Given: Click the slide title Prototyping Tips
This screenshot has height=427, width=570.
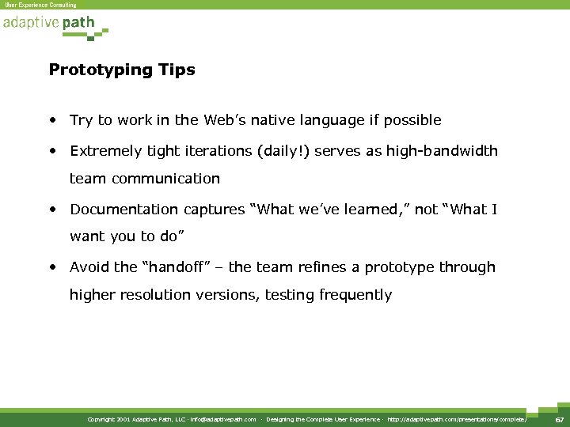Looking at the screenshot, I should pyautogui.click(x=122, y=70).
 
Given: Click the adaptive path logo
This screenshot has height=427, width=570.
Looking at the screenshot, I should pyautogui.click(x=52, y=25).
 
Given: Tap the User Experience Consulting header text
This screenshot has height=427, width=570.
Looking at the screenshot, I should pyautogui.click(x=41, y=5).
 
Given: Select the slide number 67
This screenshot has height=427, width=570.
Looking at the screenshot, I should pyautogui.click(x=559, y=419).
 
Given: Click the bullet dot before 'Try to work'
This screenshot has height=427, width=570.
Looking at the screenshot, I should pyautogui.click(x=51, y=120).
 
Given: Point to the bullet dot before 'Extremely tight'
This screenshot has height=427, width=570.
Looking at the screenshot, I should pyautogui.click(x=51, y=151).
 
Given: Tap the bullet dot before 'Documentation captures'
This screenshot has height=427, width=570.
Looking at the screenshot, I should pyautogui.click(x=51, y=210).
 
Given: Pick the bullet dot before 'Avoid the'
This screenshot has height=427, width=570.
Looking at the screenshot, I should pyautogui.click(x=51, y=267).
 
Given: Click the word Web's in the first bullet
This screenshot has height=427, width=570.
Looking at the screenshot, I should pyautogui.click(x=226, y=120).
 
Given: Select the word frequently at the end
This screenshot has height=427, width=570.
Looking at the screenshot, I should pyautogui.click(x=355, y=296).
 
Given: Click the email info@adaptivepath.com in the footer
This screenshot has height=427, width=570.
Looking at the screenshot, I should pyautogui.click(x=223, y=419).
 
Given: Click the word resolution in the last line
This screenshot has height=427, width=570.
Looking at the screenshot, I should pyautogui.click(x=152, y=296).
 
